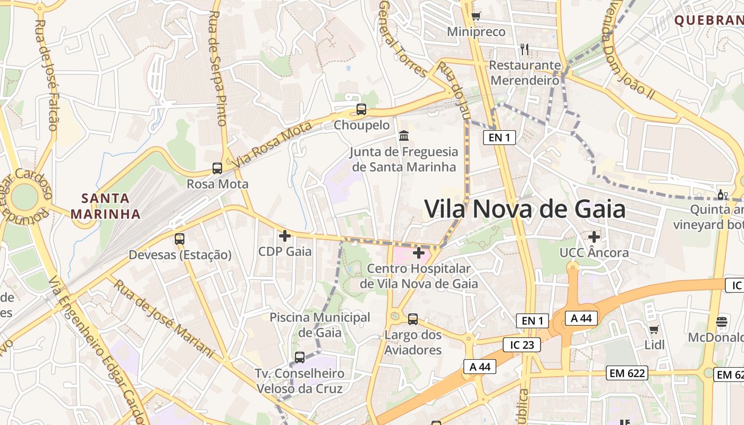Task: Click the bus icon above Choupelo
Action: pyautogui.click(x=361, y=109)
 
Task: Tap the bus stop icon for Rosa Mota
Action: pyautogui.click(x=217, y=168)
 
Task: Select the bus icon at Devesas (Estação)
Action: pyautogui.click(x=180, y=239)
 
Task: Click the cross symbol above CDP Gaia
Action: pyautogui.click(x=285, y=235)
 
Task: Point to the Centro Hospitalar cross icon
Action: pyautogui.click(x=419, y=253)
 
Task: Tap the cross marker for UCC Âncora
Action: pyautogui.click(x=594, y=237)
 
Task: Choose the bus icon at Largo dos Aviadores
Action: pyautogui.click(x=413, y=319)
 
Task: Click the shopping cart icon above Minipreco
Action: pyautogui.click(x=476, y=16)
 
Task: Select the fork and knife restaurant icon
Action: pyautogui.click(x=525, y=49)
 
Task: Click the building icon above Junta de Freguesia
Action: pyautogui.click(x=404, y=135)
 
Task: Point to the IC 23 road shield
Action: pyautogui.click(x=522, y=345)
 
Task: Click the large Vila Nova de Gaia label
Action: pyautogui.click(x=525, y=209)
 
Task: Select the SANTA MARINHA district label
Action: pyautogui.click(x=105, y=206)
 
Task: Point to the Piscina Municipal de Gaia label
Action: pyautogui.click(x=320, y=325)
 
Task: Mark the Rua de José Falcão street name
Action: pyautogui.click(x=46, y=74)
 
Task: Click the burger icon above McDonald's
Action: pyautogui.click(x=722, y=321)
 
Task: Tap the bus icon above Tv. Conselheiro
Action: pyautogui.click(x=300, y=358)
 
